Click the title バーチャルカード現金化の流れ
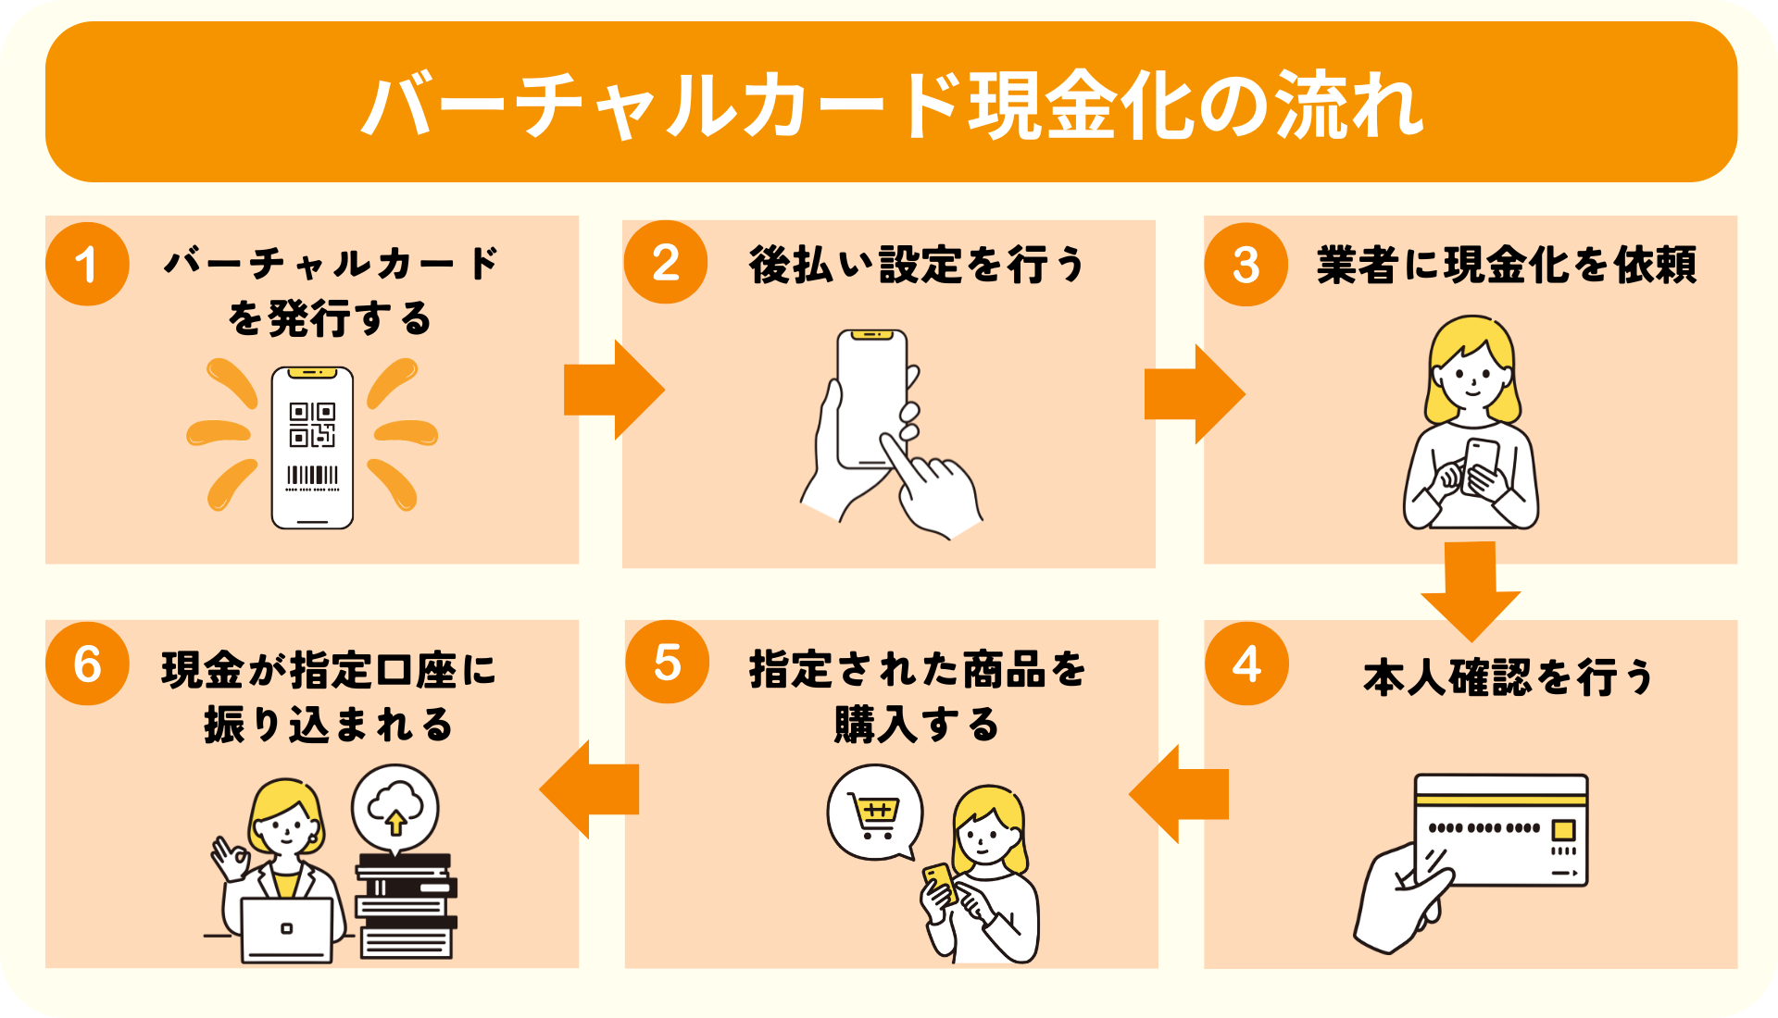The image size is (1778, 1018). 891,105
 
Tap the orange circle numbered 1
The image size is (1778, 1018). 87,265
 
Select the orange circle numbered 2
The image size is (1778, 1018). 666,263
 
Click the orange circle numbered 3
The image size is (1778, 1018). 1246,265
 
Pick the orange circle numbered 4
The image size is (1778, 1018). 1246,664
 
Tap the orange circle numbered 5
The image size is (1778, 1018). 667,663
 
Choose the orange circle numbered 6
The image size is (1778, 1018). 87,664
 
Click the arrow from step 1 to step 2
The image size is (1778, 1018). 613,390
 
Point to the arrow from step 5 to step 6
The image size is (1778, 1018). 589,789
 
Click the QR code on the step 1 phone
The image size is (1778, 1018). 312,424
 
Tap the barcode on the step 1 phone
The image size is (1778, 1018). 312,475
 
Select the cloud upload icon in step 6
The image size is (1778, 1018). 395,807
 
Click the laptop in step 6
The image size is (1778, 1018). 286,928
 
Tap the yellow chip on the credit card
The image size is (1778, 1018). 1563,828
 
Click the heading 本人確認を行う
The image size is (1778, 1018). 1508,677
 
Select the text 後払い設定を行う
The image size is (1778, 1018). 917,265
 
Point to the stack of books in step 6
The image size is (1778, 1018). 406,906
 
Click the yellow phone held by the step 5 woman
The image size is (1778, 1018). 939,881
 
